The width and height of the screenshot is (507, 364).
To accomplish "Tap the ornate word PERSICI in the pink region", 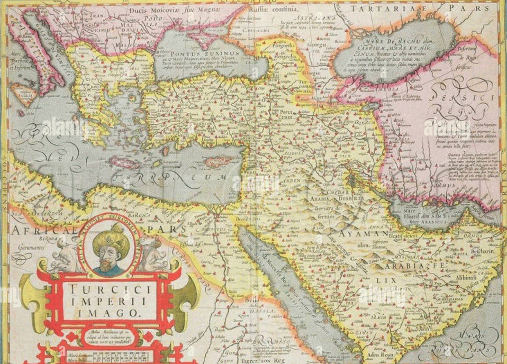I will (461, 97).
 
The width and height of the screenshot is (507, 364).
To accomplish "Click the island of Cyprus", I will (218, 161).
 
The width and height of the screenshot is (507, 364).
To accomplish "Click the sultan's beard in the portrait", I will (107, 265).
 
